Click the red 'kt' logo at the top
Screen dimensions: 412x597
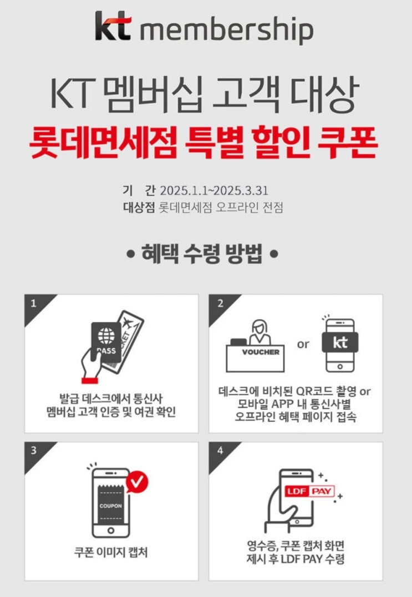113,26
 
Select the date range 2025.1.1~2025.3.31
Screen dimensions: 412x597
214,190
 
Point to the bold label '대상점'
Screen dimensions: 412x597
139,207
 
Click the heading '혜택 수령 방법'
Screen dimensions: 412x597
202,253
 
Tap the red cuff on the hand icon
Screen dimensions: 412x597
90,380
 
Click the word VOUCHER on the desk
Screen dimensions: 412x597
261,352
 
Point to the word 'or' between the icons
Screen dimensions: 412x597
303,345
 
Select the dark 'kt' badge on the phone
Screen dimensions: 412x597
340,342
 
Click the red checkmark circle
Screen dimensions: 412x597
137,482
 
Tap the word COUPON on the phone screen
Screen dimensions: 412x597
110,506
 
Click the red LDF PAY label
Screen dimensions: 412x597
309,491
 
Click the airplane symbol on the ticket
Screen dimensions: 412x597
126,323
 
